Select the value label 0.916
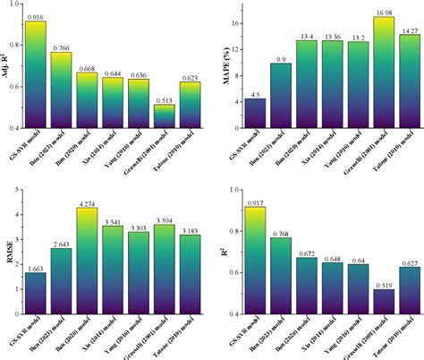pyautogui.click(x=36, y=16)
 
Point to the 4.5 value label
pyautogui.click(x=255, y=95)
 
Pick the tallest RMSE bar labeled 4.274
pyautogui.click(x=88, y=263)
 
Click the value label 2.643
pyautogui.click(x=62, y=244)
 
